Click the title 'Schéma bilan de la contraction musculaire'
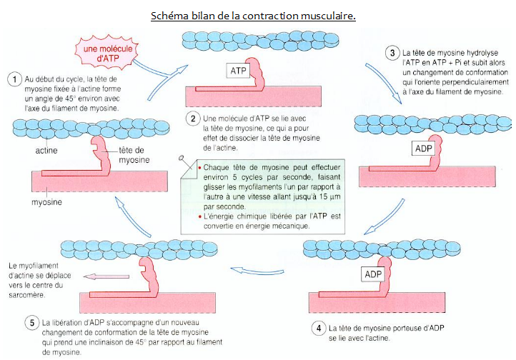(x=253, y=15)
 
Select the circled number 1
(x=13, y=79)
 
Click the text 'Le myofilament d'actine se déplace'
(x=43, y=272)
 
